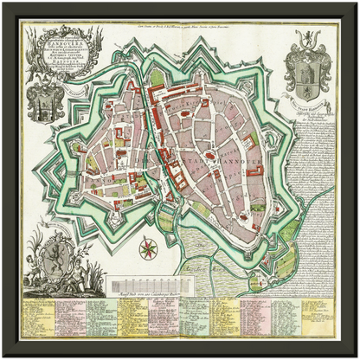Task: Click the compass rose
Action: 149,250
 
